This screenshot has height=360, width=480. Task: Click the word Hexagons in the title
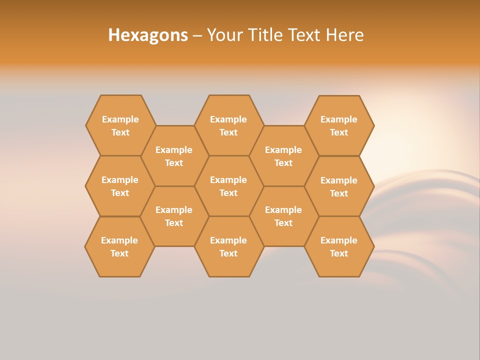148,35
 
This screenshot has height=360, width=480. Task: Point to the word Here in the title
345,35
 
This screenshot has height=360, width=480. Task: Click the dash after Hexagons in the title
197,35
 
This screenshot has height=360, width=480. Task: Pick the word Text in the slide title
305,35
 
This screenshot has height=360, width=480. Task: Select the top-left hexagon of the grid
120,125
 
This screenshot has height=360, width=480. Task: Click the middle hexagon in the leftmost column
120,186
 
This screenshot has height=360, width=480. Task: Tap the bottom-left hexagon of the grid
119,246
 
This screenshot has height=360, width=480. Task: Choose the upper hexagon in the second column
174,156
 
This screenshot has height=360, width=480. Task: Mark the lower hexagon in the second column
174,216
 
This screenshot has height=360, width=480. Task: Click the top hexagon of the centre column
228,125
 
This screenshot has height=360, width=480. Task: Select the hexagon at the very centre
228,186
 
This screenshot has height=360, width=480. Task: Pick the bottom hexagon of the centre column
228,246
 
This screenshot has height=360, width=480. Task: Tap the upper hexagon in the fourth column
283,156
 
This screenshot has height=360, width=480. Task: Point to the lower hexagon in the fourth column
283,216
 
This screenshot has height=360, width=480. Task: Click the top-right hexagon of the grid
339,125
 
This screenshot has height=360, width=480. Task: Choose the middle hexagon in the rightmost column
339,186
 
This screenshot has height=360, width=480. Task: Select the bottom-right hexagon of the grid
339,246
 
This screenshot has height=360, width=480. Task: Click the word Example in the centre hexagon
228,180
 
